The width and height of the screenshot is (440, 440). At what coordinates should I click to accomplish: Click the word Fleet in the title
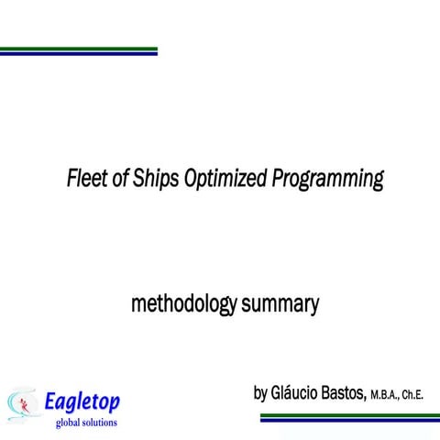point(84,178)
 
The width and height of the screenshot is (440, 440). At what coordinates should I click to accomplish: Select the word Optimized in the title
point(225,178)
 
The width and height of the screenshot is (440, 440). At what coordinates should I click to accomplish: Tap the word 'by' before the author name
point(261,393)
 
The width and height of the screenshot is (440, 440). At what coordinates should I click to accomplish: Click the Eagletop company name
point(83,401)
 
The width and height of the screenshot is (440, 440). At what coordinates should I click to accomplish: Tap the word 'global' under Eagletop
point(69,423)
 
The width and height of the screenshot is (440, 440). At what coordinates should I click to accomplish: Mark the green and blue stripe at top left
point(78,50)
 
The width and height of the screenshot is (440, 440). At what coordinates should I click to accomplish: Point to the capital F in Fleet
point(72,178)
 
